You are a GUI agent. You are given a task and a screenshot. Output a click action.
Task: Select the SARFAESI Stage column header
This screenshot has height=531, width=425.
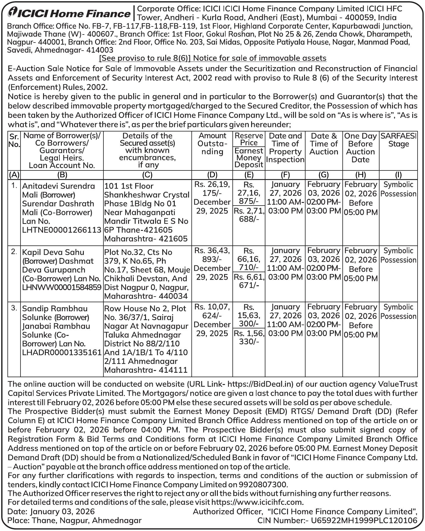pyautogui.click(x=398, y=140)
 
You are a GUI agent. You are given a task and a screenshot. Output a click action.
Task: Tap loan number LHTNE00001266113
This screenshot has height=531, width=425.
pyautogui.click(x=62, y=230)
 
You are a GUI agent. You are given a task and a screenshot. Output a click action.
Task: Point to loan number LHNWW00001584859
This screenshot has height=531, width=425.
pyautogui.click(x=62, y=288)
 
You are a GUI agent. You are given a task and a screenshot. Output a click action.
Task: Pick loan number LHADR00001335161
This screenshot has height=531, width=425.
pyautogui.click(x=62, y=353)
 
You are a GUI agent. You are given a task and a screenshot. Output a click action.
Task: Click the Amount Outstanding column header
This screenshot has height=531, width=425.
pyautogui.click(x=212, y=144)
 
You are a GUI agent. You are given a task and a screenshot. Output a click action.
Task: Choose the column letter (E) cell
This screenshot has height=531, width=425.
pyautogui.click(x=249, y=175)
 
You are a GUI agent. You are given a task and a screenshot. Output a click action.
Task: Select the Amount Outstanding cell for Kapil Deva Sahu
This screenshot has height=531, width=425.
pyautogui.click(x=212, y=264)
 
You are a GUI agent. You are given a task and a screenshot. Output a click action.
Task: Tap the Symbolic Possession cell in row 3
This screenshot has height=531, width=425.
pyautogui.click(x=398, y=311)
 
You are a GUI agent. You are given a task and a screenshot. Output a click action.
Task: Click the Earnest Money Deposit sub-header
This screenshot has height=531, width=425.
pyautogui.click(x=249, y=158)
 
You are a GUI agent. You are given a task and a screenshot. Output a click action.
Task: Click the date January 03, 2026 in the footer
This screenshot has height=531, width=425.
pyautogui.click(x=62, y=512)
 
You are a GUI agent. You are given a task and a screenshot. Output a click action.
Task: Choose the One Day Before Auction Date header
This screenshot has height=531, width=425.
pyautogui.click(x=361, y=148)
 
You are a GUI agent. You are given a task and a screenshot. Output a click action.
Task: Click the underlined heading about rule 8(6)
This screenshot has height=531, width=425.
pyautogui.click(x=212, y=58)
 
